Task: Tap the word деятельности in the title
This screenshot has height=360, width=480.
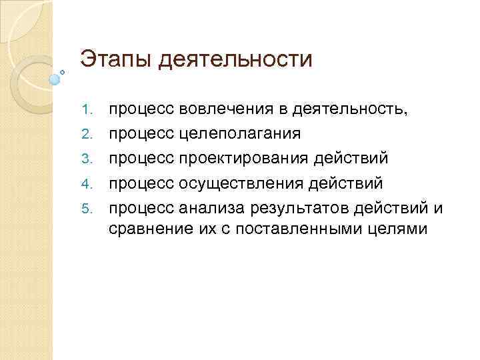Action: (x=235, y=60)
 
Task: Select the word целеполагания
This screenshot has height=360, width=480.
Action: (x=241, y=133)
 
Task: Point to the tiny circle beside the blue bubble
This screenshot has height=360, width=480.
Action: (x=63, y=71)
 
